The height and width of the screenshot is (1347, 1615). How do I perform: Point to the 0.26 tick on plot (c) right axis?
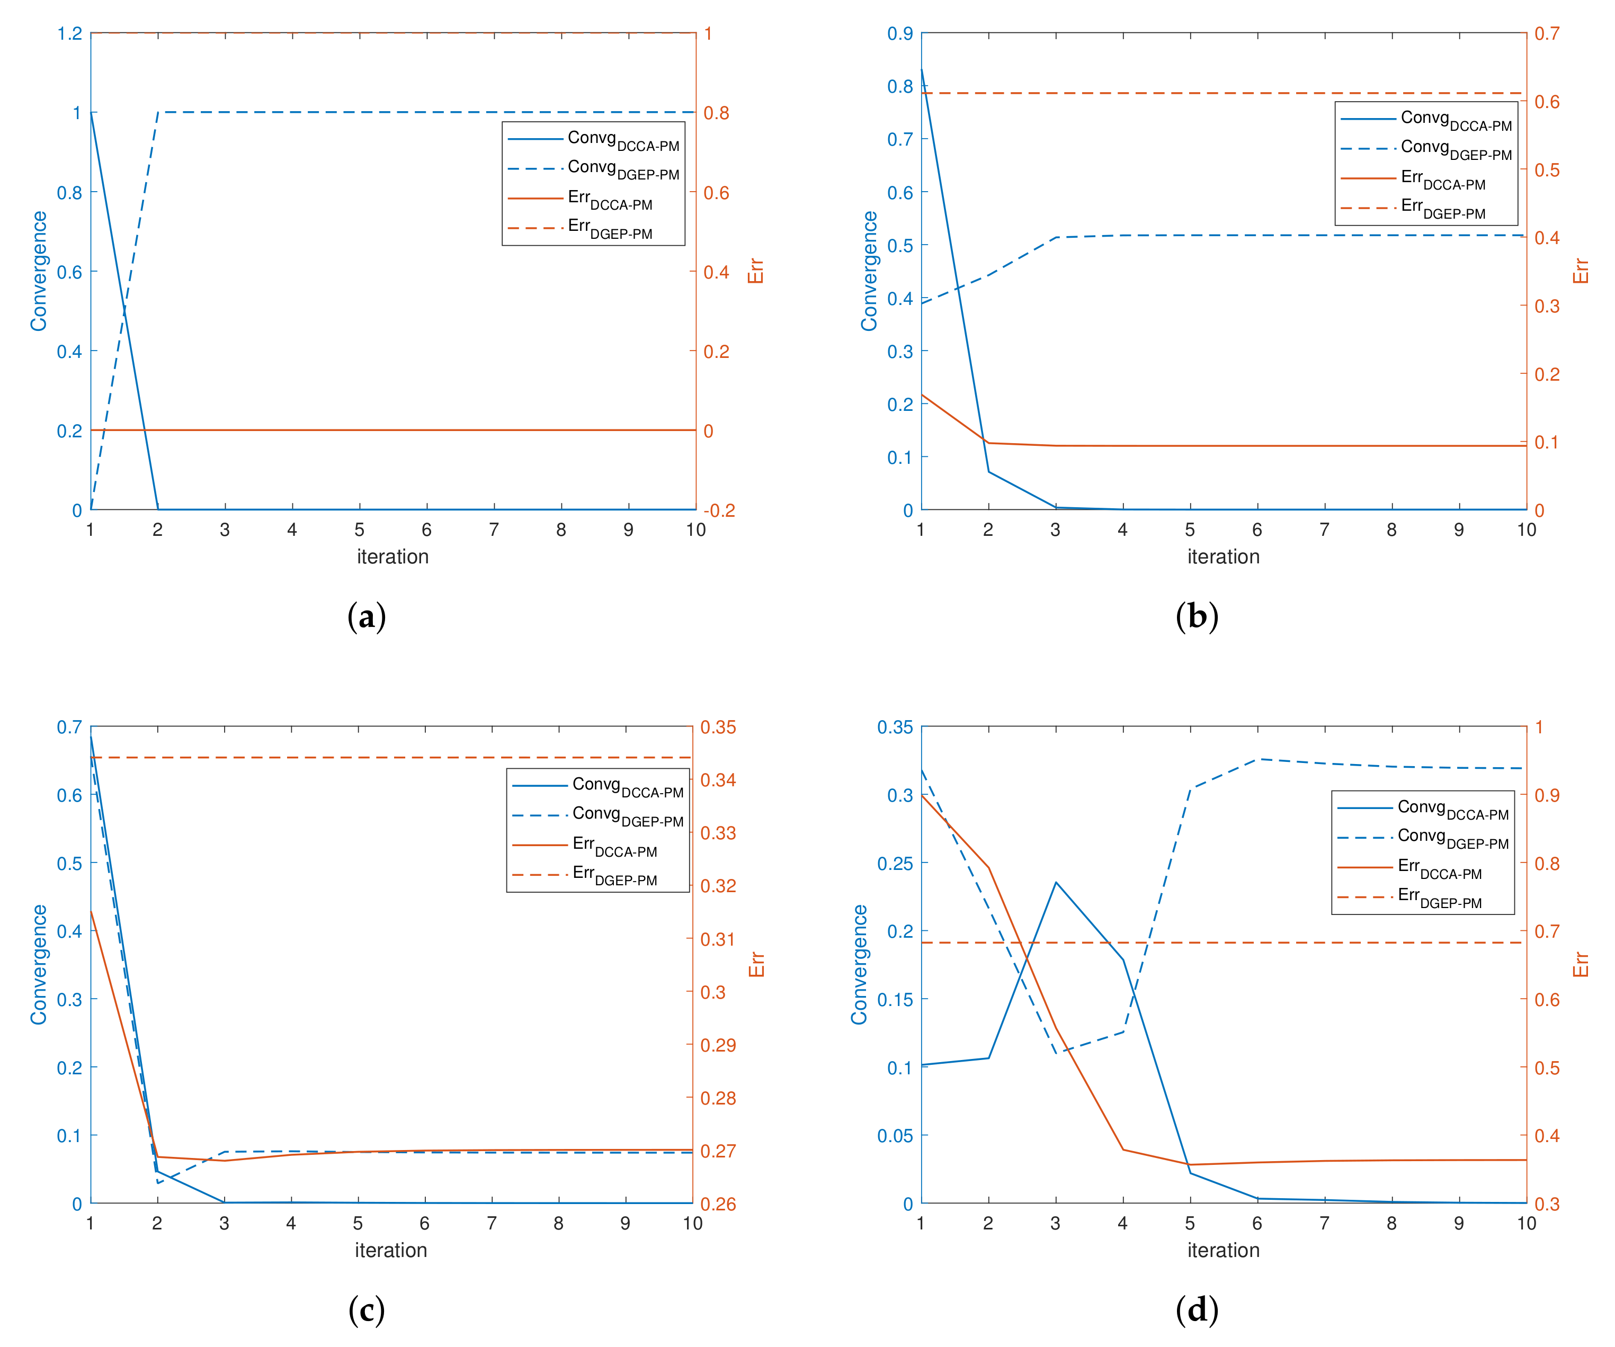click(718, 1204)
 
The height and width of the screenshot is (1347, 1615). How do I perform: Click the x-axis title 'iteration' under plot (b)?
click(1223, 556)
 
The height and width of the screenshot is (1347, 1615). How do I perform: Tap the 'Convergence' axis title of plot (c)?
click(39, 964)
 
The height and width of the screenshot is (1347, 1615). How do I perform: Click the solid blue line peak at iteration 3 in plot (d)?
click(1056, 882)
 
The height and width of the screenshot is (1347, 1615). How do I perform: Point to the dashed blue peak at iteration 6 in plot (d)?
click(1257, 759)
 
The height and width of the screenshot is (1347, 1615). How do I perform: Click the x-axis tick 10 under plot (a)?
click(695, 529)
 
